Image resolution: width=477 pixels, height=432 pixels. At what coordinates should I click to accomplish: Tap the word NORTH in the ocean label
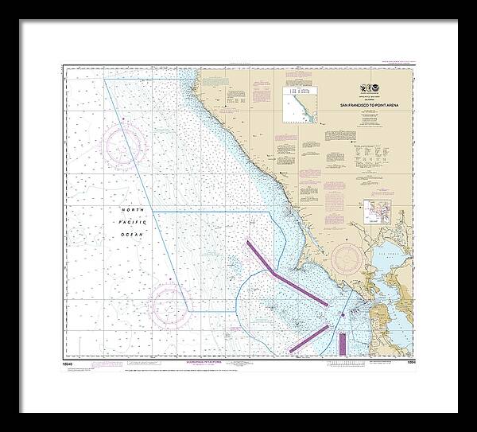(x=134, y=209)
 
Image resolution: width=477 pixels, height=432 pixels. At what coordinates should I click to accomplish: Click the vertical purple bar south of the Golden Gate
(x=342, y=343)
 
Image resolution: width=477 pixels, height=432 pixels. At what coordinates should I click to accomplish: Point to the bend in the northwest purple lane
(x=275, y=273)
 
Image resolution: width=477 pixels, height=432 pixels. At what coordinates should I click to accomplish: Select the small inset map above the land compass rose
(x=373, y=212)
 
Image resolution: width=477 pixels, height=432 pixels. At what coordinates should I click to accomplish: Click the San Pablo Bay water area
(x=390, y=259)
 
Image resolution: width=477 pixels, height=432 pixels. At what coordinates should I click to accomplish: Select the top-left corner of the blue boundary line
(x=105, y=80)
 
